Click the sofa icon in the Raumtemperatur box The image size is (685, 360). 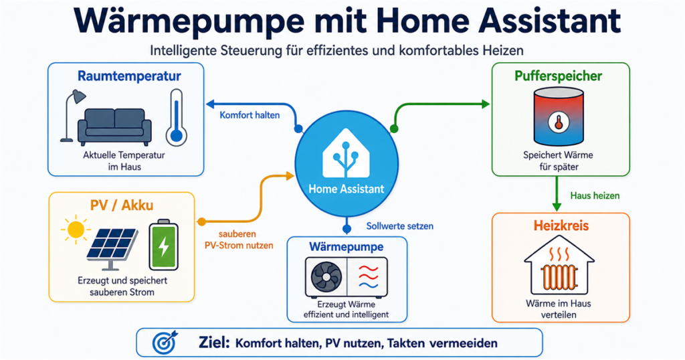[x=114, y=127]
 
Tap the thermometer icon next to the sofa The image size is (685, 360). [x=177, y=118]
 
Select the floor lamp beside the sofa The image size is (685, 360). [x=71, y=116]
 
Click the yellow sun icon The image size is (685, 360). [x=76, y=230]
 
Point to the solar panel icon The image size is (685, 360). [x=112, y=248]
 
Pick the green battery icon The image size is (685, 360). [x=164, y=245]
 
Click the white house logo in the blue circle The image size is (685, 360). [x=346, y=153]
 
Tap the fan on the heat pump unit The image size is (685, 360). [x=326, y=277]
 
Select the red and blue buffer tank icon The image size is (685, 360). [x=559, y=116]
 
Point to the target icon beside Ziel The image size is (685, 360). [x=165, y=343]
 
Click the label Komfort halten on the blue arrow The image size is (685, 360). [x=250, y=115]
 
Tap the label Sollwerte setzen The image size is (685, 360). [x=400, y=226]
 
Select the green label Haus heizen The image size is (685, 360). [x=595, y=196]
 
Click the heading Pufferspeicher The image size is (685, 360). [x=558, y=76]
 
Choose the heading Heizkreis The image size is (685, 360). [x=561, y=226]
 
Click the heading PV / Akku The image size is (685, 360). [x=122, y=205]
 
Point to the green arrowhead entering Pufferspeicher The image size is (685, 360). [x=486, y=104]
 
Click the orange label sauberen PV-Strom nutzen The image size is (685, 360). [x=239, y=240]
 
